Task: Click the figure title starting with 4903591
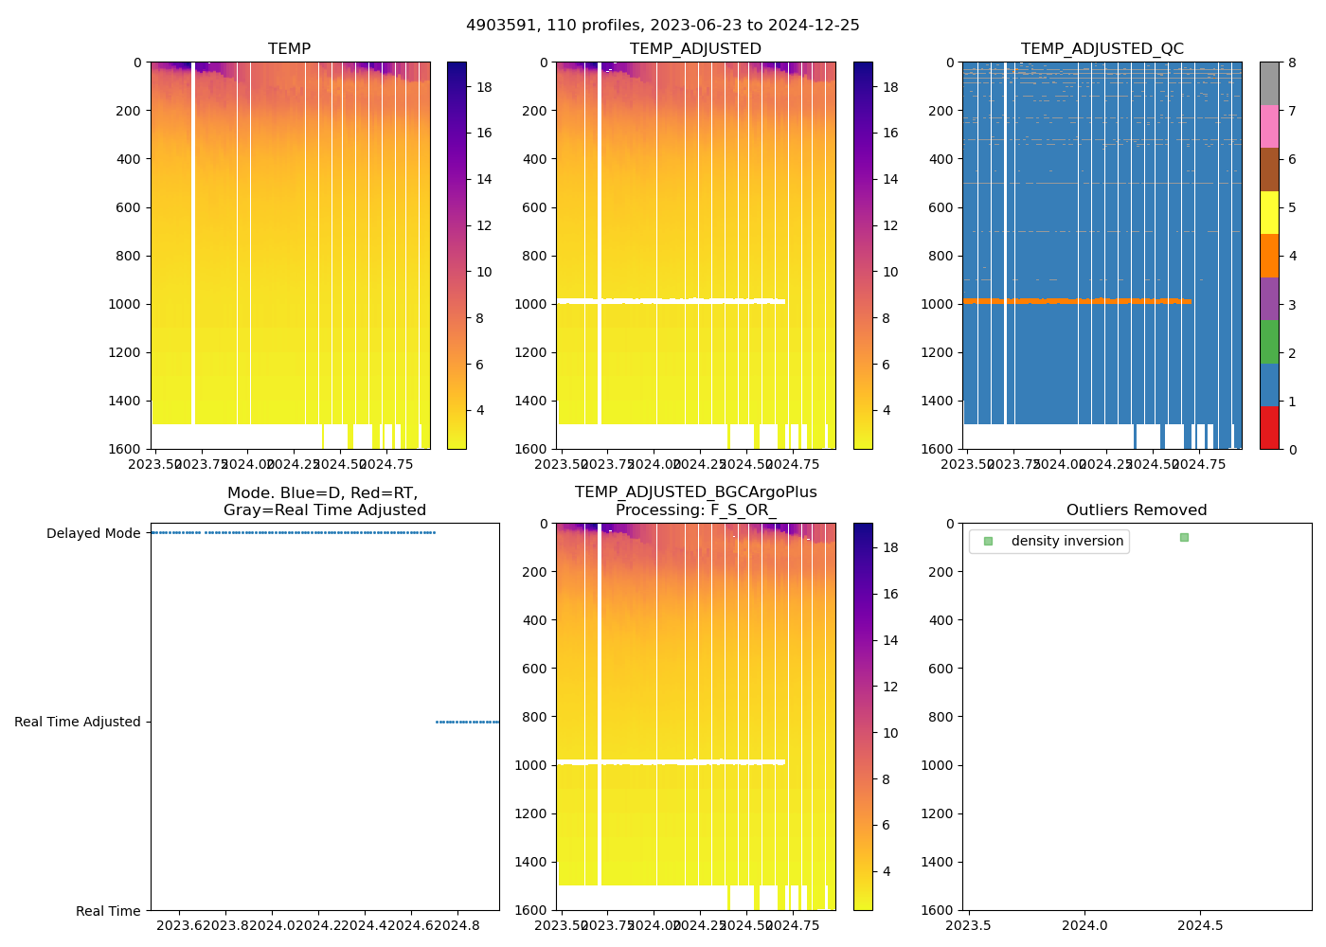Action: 663,26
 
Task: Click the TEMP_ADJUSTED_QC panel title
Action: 1102,49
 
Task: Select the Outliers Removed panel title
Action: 1136,510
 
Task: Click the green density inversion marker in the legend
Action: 988,542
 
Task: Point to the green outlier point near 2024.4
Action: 1184,538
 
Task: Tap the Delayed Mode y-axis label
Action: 93,534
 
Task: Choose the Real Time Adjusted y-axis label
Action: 78,723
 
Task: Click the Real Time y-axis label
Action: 108,911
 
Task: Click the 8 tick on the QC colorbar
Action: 1293,63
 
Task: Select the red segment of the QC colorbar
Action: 1269,427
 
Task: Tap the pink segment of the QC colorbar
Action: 1269,126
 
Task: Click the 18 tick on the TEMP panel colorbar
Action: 484,87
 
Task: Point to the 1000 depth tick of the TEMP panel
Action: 125,304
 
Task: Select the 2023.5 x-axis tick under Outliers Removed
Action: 969,925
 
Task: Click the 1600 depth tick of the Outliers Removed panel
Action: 939,910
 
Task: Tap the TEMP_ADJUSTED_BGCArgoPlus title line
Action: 695,492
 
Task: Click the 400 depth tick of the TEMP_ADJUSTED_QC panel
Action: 941,159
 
